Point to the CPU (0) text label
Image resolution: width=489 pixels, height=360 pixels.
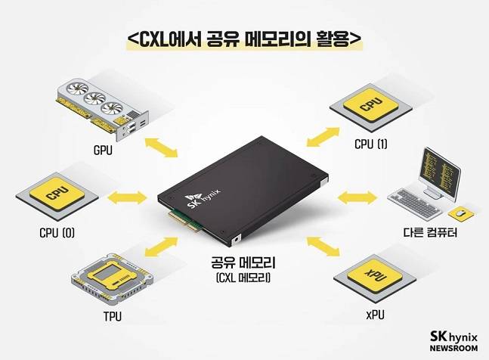coord(57,231)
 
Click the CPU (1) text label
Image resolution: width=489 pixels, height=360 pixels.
coord(370,144)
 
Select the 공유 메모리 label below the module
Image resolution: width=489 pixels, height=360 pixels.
coord(240,265)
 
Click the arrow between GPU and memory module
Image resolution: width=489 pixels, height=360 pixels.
coord(160,147)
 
